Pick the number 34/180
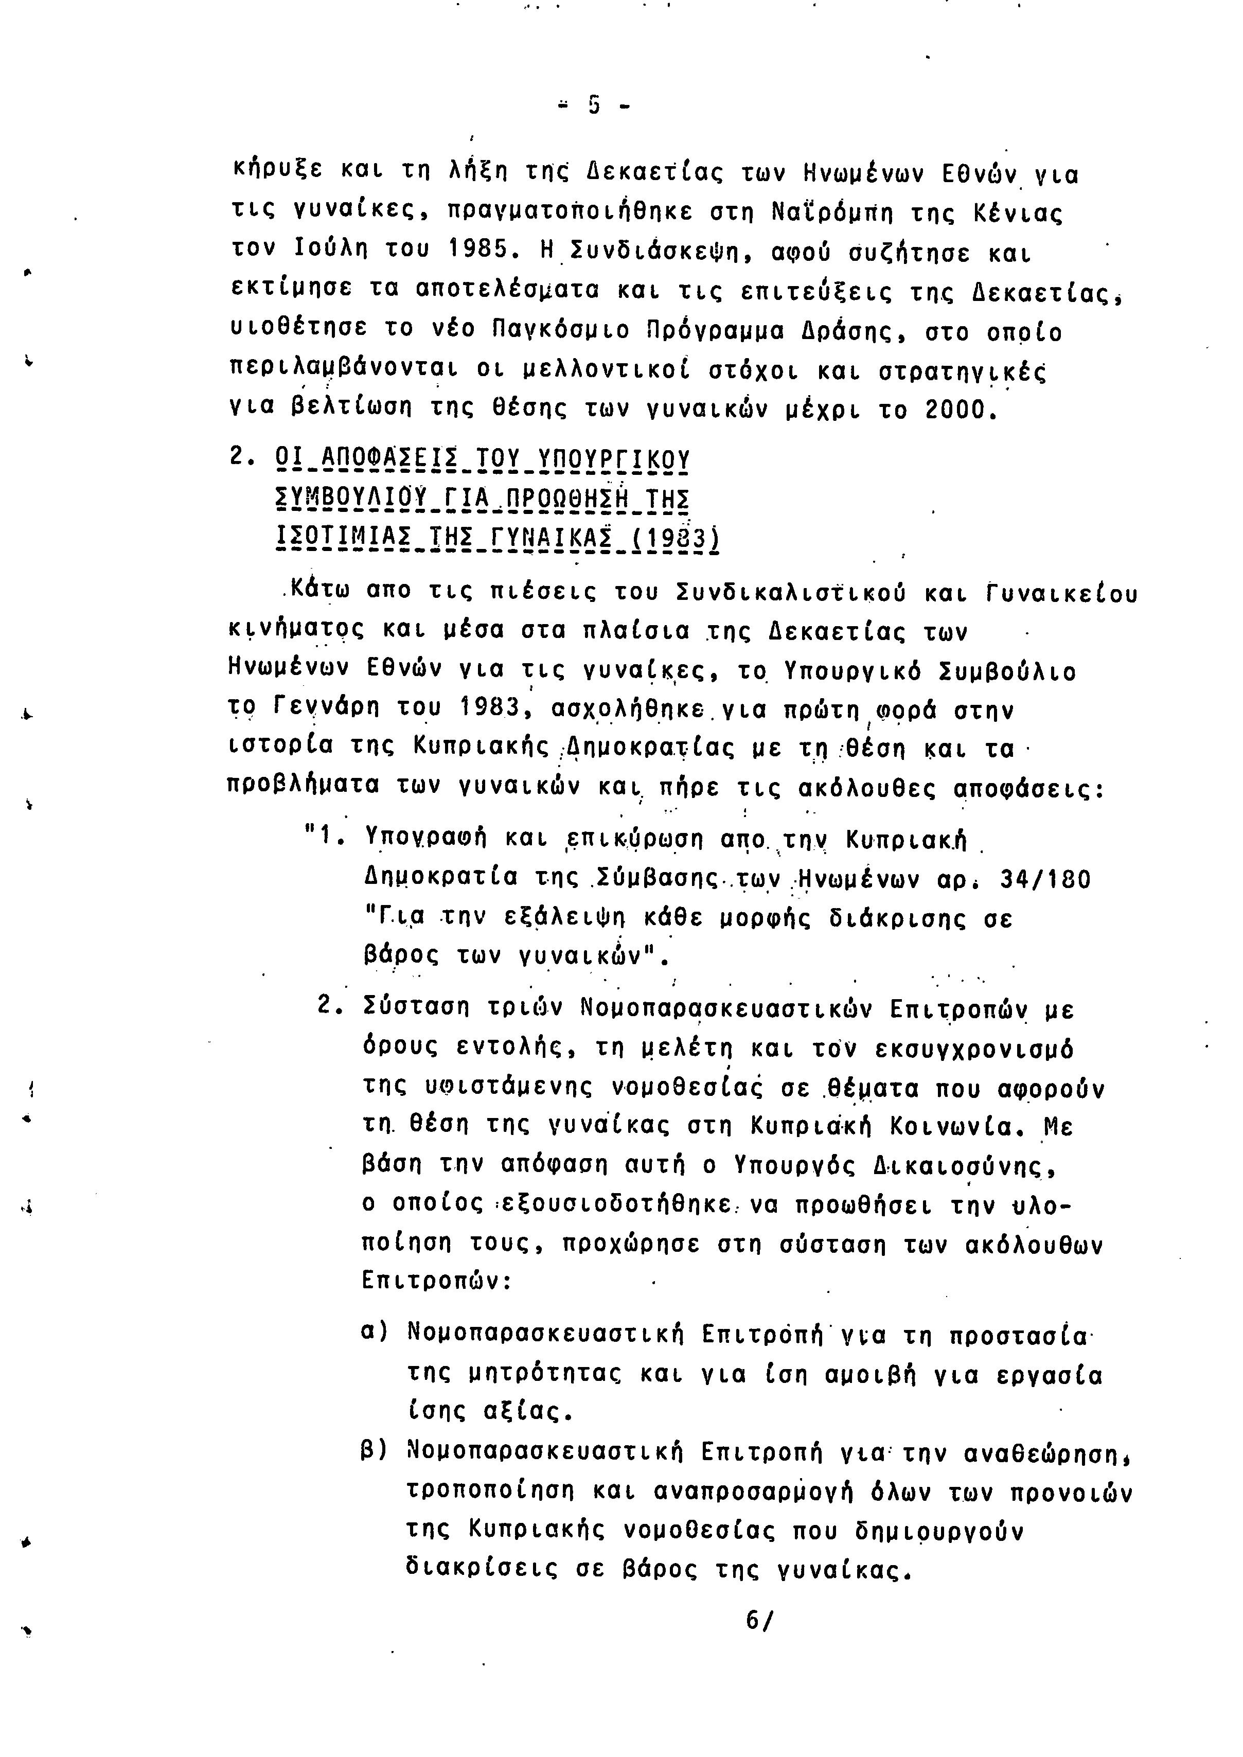pyautogui.click(x=1045, y=879)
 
